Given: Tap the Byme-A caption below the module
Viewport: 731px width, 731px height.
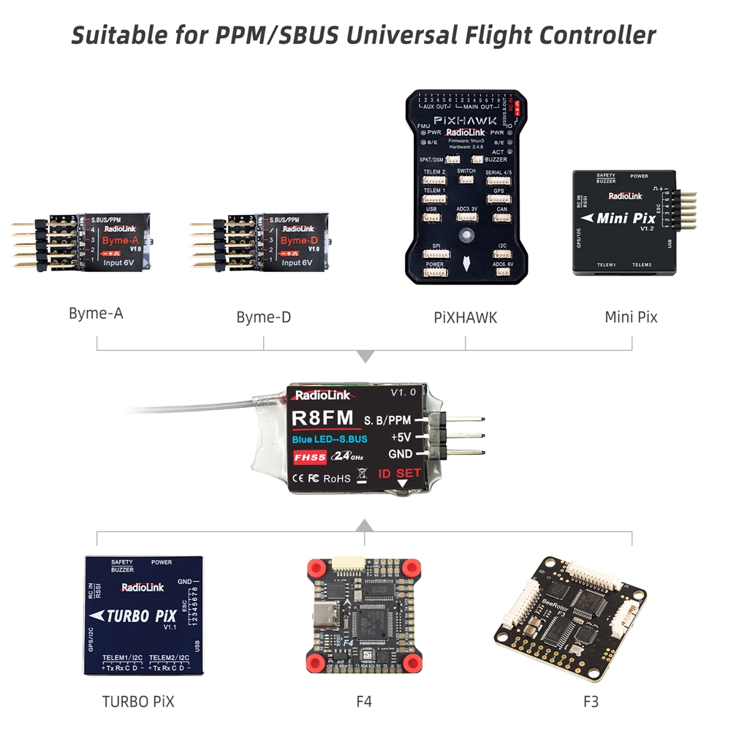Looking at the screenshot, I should click(x=96, y=314).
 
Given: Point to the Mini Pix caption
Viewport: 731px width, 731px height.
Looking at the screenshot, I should click(x=631, y=317).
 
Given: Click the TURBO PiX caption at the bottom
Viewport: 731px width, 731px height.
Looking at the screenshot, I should click(x=138, y=702).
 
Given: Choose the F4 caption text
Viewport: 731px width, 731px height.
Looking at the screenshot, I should click(x=364, y=702).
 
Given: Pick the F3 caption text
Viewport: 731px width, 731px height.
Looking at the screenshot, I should click(x=591, y=702).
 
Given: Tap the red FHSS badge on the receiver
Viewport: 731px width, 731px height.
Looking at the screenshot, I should click(x=310, y=457).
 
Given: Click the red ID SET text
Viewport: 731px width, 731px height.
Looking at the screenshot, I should click(x=399, y=473).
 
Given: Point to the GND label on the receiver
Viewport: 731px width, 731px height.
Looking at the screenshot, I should click(x=401, y=454).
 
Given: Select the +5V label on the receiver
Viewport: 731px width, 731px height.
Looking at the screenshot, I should click(x=401, y=437).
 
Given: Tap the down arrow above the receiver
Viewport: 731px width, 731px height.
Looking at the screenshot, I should click(x=365, y=357).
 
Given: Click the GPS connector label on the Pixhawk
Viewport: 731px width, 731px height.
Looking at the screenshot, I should click(x=499, y=191).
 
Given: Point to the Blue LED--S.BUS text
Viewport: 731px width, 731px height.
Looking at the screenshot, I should click(x=330, y=439).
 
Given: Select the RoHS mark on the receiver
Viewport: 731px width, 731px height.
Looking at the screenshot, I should click(x=336, y=479).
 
